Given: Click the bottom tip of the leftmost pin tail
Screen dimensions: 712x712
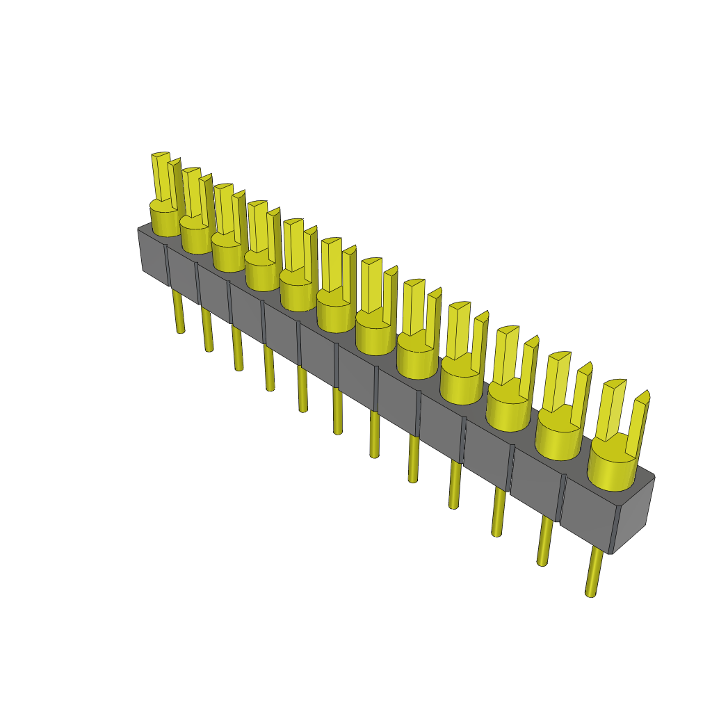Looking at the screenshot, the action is (x=181, y=330).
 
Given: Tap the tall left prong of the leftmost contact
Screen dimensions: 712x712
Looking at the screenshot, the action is (x=161, y=177).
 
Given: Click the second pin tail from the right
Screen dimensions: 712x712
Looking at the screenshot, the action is (x=545, y=542).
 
